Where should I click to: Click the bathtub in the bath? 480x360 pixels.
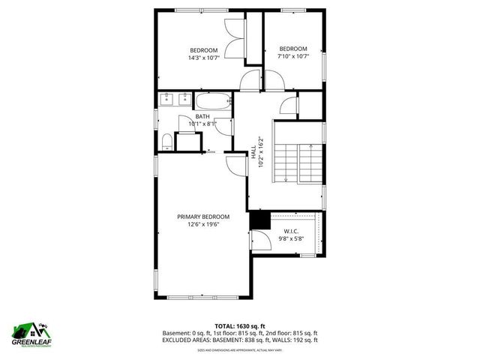point(214,102)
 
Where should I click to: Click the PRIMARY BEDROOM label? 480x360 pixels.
point(203,217)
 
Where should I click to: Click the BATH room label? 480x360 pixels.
point(202,116)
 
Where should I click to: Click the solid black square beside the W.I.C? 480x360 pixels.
point(259,220)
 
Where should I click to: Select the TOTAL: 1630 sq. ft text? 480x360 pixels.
point(240,326)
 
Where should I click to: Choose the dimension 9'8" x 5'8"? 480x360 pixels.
point(292,239)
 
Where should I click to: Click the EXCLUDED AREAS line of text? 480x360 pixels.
point(240,340)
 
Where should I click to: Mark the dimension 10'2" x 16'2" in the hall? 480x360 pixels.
point(260,151)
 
